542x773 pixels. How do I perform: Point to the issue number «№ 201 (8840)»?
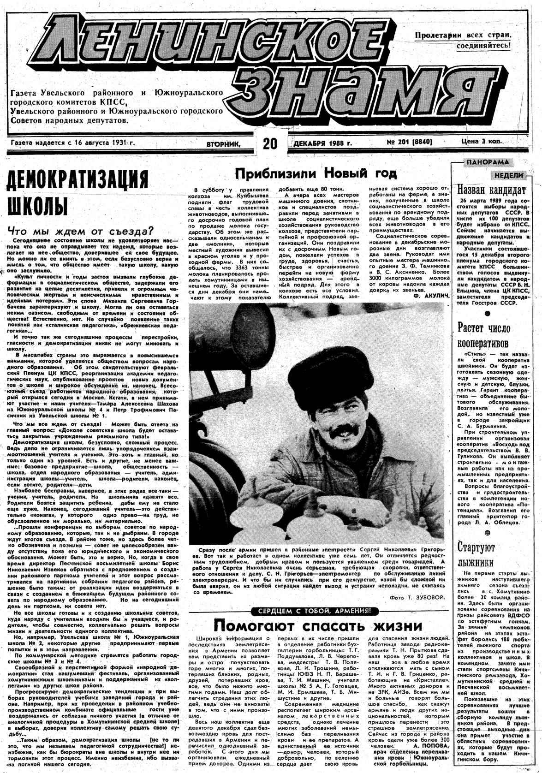(x=409, y=143)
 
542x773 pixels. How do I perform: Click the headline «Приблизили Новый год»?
(x=316, y=173)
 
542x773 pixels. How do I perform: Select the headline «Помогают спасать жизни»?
(x=318, y=626)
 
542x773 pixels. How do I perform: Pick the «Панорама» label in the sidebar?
(x=487, y=162)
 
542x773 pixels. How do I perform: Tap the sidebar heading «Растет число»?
(x=484, y=328)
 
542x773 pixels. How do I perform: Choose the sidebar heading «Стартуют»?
(x=476, y=547)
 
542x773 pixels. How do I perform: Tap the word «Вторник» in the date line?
(x=224, y=144)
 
